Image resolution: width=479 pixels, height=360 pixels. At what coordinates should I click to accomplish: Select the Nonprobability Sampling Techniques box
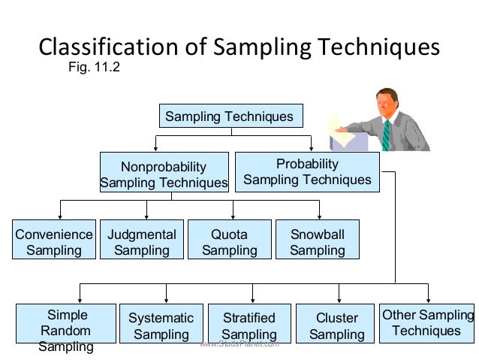coord(164,174)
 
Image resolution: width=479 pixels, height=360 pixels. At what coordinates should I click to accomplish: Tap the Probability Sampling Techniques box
coord(307,172)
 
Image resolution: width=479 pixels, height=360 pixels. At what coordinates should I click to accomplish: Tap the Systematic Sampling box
coord(161,325)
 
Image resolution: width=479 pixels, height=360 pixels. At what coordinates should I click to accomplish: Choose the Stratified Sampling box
coord(249,325)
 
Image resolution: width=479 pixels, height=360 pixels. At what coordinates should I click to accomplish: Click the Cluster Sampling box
coord(336,325)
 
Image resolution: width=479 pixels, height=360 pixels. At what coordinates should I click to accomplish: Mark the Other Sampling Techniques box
coord(427,323)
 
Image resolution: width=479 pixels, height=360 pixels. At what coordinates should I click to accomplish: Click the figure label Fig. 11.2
coord(94,68)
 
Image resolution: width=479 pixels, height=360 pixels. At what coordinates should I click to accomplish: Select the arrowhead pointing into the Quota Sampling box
coord(233,216)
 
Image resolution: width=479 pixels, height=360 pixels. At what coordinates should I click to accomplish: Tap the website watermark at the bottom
coord(240,344)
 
